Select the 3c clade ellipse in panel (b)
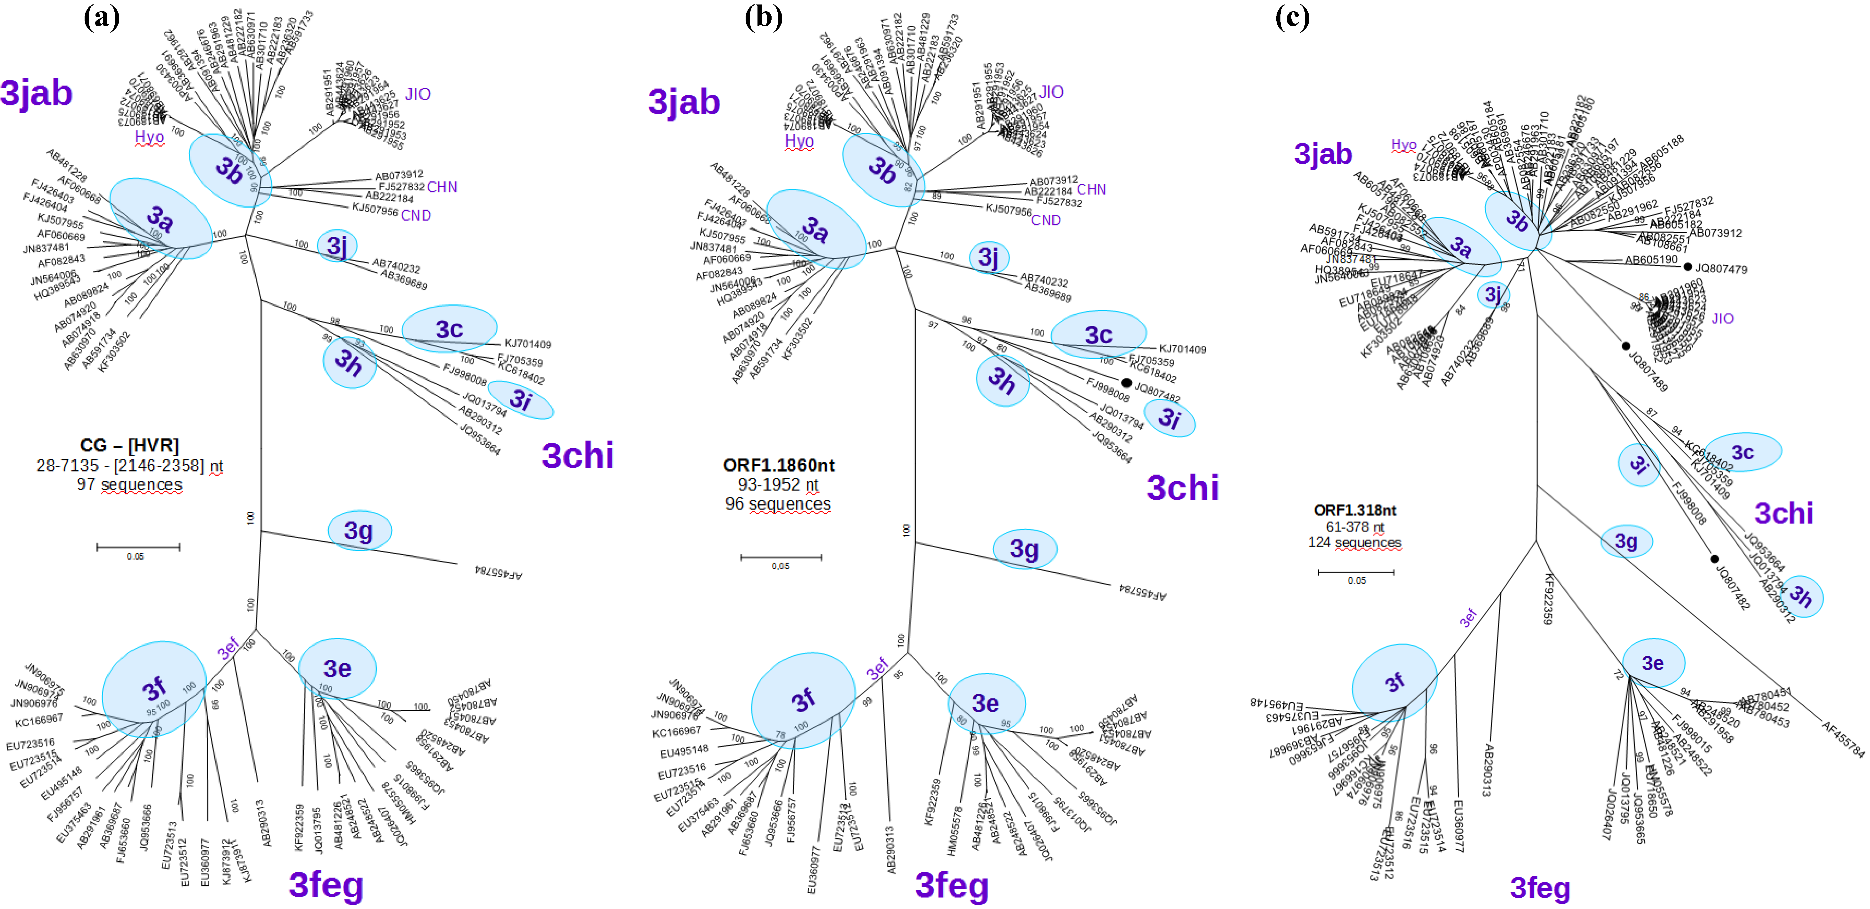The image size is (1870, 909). (x=1098, y=335)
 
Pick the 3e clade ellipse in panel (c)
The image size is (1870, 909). (x=1653, y=663)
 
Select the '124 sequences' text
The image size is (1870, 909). (x=1354, y=542)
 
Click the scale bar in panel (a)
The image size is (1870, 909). (x=138, y=547)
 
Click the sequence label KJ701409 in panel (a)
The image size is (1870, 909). (x=528, y=344)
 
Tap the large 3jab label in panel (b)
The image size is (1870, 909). (x=684, y=103)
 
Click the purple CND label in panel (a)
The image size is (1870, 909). (x=416, y=216)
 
